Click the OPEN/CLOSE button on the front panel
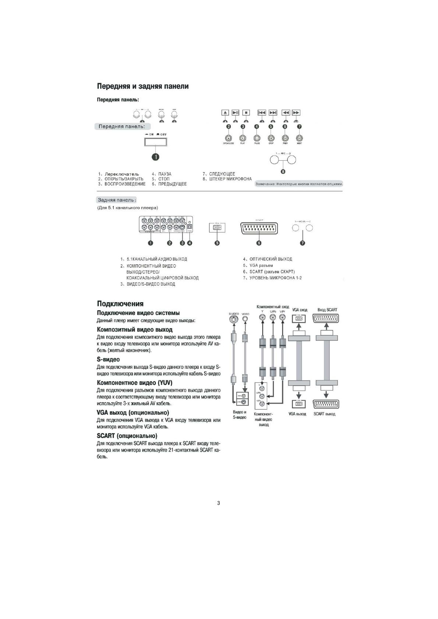[x=229, y=138]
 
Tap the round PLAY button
[x=243, y=138]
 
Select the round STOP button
[x=271, y=138]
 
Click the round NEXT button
[x=299, y=138]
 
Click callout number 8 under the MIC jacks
[x=283, y=171]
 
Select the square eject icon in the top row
[x=225, y=113]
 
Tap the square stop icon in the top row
[x=246, y=113]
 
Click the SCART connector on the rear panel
[x=259, y=228]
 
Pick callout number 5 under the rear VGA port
[x=217, y=243]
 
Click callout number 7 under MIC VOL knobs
[x=303, y=243]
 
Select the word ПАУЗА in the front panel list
[x=165, y=174]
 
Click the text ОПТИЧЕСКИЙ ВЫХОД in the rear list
[x=271, y=259]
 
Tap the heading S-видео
[x=108, y=359]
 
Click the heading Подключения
[x=120, y=304]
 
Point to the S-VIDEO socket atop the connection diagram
[x=233, y=320]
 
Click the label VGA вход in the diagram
[x=300, y=310]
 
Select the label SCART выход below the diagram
[x=324, y=414]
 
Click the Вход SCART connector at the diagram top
[x=326, y=319]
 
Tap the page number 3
[x=219, y=503]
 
